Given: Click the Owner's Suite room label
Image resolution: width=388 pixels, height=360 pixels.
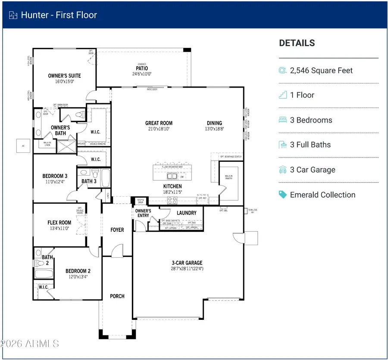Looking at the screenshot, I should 64,76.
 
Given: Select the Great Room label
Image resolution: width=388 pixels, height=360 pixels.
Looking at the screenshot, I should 159,123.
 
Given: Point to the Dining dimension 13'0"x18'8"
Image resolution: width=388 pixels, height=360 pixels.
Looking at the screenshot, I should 214,129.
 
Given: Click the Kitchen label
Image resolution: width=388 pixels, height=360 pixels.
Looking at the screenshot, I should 172,186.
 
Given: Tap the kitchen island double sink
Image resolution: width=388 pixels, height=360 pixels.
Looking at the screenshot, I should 172,176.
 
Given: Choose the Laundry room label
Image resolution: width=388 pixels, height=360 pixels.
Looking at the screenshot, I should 186,213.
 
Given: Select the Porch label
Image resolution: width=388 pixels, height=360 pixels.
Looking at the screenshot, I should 117,296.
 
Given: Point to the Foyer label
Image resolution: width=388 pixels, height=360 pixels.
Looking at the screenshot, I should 117,230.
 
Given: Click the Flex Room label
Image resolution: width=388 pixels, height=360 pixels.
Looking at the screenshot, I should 59,223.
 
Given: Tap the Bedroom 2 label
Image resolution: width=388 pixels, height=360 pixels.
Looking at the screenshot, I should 78,271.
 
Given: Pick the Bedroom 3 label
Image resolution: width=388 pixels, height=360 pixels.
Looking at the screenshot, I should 55,176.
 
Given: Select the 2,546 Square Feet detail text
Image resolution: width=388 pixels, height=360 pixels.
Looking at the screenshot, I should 321,70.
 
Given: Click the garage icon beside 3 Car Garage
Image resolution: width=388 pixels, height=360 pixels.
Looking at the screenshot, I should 283,170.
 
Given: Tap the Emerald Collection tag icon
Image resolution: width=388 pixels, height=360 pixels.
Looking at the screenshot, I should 283,195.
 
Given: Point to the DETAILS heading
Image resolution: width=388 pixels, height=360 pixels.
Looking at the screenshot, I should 297,43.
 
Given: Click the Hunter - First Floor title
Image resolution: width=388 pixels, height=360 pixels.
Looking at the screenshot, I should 59,15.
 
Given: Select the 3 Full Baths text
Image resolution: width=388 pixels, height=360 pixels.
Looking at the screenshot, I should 310,145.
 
